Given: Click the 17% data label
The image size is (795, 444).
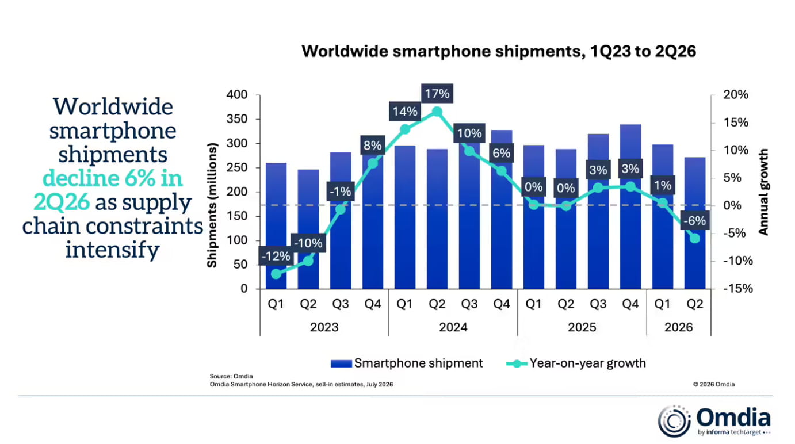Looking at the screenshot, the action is pos(437,93).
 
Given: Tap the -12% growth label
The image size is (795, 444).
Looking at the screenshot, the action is pos(276,256).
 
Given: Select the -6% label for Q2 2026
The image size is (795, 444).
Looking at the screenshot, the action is pos(694,220).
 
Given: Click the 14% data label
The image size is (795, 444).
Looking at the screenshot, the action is pos(404,112).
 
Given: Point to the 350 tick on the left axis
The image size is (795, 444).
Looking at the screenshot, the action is pos(237,119).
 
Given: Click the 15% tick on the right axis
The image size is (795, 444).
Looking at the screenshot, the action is pos(736,123).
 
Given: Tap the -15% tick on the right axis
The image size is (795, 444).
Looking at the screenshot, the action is pos(738,288).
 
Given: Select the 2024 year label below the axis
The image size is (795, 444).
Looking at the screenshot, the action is pos(453,327).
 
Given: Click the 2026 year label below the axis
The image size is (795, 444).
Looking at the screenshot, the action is pos(678,327).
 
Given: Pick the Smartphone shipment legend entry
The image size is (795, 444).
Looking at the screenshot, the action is pos(407,363).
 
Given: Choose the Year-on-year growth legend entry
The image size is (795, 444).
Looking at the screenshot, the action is pos(576,363).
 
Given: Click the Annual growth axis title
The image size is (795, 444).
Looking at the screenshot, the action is pos(763,192).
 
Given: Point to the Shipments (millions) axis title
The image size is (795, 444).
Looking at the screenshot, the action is pos(212,205).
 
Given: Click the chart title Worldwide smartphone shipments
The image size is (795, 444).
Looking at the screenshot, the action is pos(499,51).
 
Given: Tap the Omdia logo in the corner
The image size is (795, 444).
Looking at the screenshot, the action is pos(714,421).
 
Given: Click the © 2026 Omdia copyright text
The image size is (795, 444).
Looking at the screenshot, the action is pos(714,384).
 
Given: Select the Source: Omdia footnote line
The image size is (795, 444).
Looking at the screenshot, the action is pos(231,376).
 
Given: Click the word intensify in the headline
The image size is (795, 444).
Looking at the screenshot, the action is pos(113,249).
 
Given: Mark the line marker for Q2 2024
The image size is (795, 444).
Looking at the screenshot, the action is pos(437,112).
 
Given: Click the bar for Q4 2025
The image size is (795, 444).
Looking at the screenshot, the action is pos(630,206).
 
